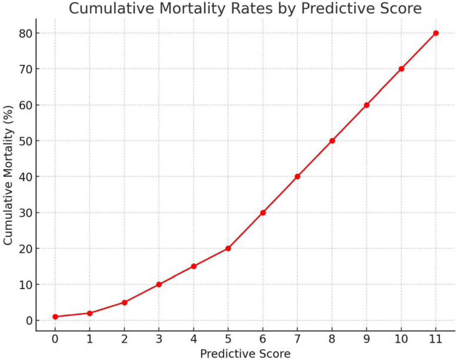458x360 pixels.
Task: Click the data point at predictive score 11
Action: click(436, 33)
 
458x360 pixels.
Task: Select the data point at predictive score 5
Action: click(228, 248)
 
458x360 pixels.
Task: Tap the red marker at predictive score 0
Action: click(55, 317)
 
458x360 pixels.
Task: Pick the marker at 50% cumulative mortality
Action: click(332, 141)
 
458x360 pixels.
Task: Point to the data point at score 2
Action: click(124, 302)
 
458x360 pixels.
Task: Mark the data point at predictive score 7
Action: click(297, 176)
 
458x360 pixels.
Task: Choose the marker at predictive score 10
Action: click(401, 69)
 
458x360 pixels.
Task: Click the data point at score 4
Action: click(194, 266)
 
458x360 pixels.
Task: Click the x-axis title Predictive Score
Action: click(245, 354)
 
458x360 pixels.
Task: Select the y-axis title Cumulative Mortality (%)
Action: click(9, 175)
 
